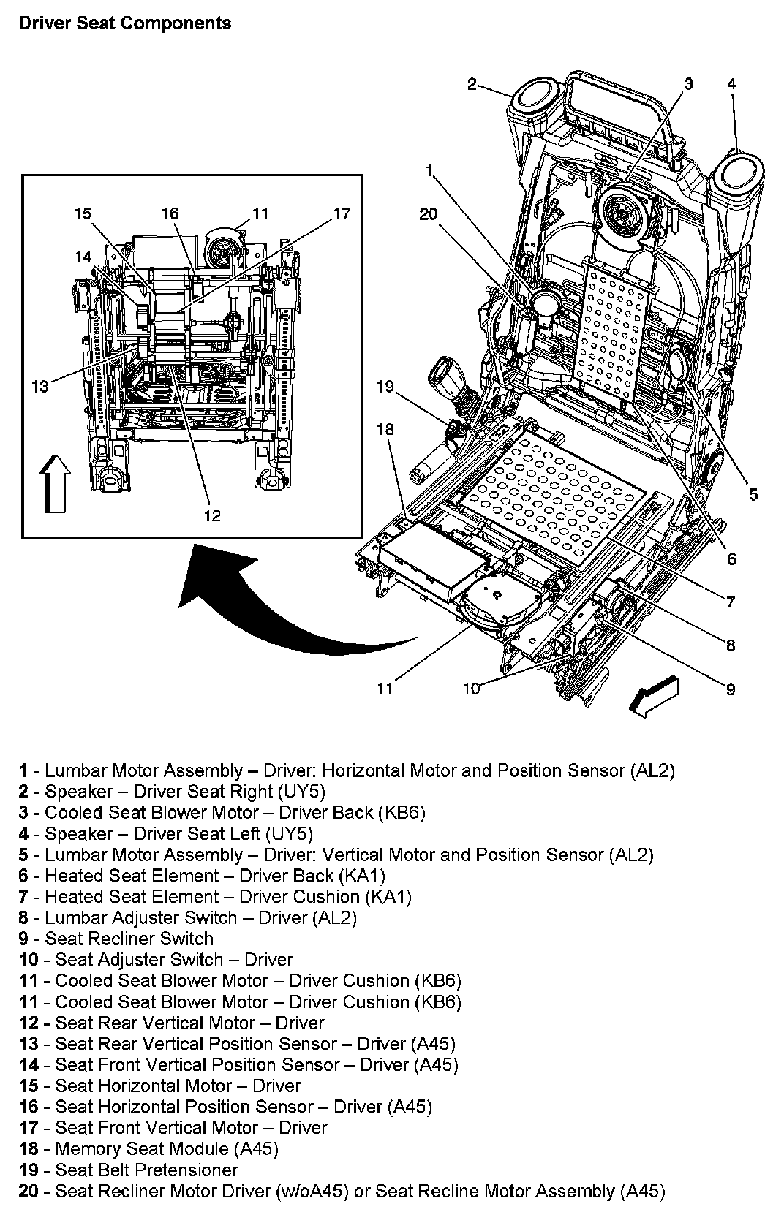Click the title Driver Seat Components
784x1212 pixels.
[124, 23]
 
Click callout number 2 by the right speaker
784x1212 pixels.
[472, 84]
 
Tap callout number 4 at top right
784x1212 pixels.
[731, 84]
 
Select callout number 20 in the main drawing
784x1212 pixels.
[428, 213]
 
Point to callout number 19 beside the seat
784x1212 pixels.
[385, 387]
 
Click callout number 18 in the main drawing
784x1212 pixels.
[385, 429]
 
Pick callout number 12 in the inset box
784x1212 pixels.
[211, 515]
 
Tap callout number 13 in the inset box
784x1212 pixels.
[40, 385]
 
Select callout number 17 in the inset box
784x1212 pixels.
[342, 213]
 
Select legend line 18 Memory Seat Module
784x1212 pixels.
[149, 1148]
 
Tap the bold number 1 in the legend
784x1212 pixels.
[23, 770]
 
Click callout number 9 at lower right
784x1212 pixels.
[730, 689]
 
